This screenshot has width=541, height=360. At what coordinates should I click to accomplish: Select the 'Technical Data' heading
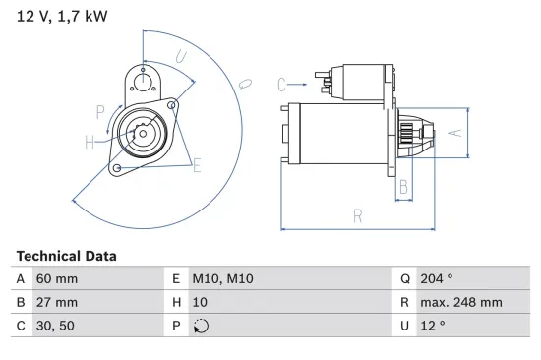tap(66, 256)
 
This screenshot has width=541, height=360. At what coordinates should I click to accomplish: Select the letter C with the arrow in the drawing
tap(280, 84)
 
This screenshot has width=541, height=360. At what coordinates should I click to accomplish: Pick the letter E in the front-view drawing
tap(197, 165)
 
